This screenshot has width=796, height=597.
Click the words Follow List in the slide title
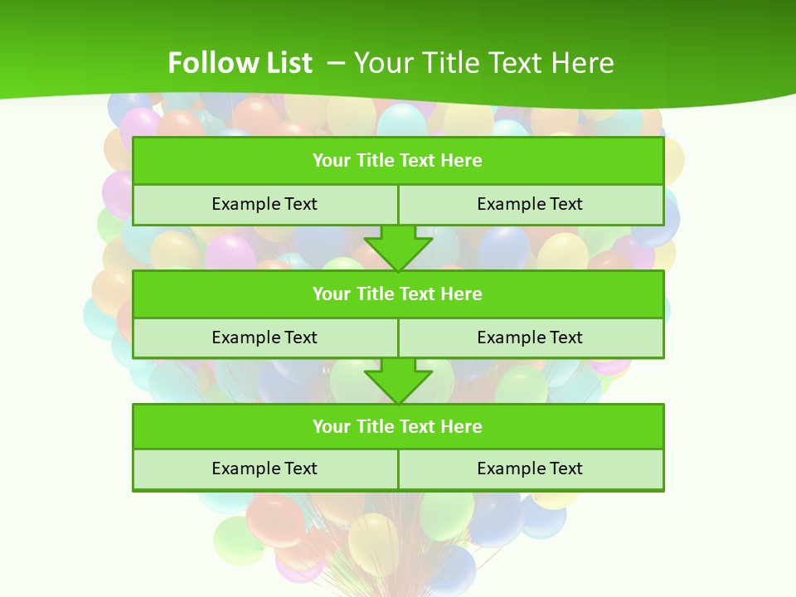pos(240,63)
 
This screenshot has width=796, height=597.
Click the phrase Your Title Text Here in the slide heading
pos(484,63)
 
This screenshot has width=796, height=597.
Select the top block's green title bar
pos(398,161)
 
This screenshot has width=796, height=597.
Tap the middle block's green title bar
pos(398,294)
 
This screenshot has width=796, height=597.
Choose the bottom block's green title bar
pos(398,426)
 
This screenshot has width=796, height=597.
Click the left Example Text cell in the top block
pos(265,204)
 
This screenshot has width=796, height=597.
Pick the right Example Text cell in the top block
pos(530,204)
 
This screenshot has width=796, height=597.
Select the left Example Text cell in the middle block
pos(265,337)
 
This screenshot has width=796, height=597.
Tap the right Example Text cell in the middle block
pos(530,337)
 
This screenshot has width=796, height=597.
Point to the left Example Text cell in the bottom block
pos(265,468)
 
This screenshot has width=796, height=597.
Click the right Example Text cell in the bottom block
pos(530,468)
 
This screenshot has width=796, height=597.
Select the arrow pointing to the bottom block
pos(398,381)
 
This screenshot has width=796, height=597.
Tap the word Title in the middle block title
pos(373,294)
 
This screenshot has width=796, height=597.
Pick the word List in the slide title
pos(289,63)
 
